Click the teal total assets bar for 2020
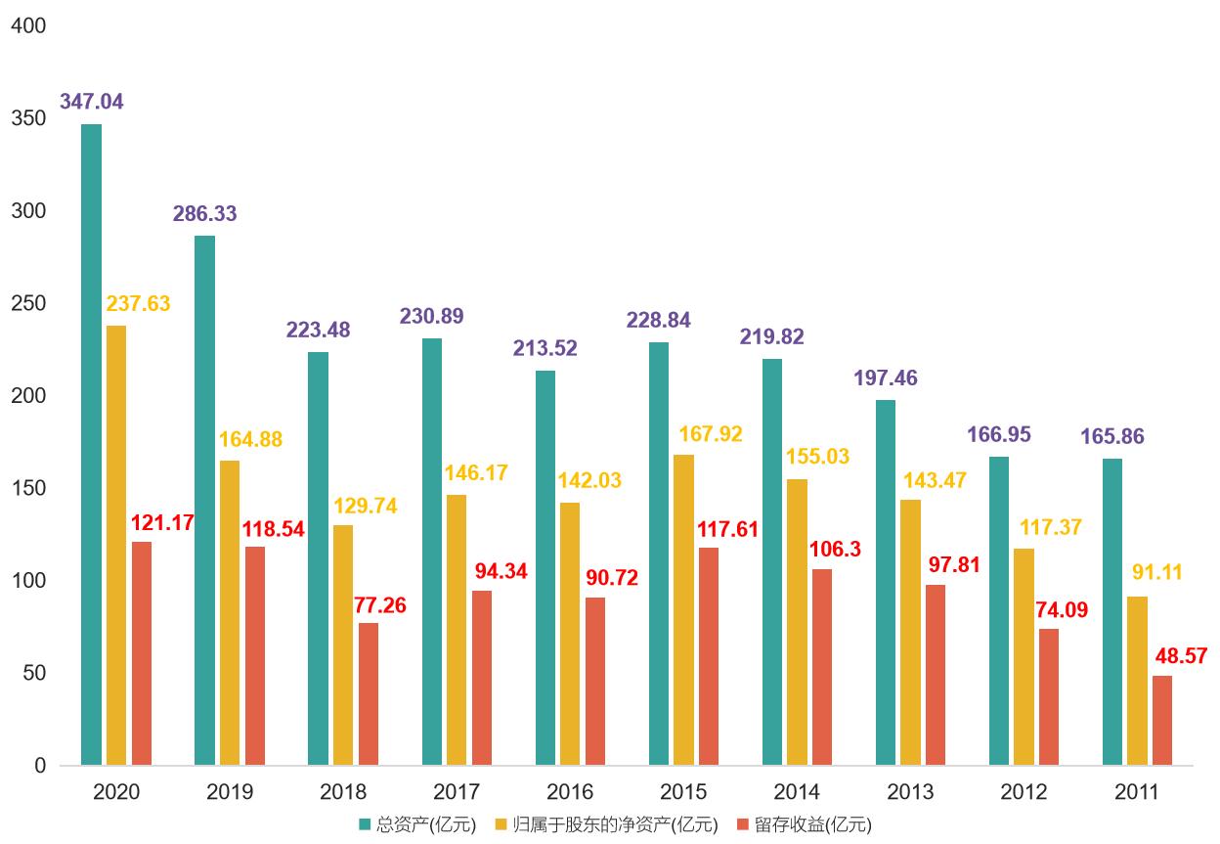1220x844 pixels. point(92,445)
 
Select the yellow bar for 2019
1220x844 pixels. point(230,613)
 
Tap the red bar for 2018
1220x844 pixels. point(369,694)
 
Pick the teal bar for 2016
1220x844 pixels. point(545,568)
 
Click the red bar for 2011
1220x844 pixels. point(1162,721)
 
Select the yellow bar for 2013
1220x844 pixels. point(911,633)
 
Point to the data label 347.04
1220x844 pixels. point(92,102)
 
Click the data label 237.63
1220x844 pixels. point(138,304)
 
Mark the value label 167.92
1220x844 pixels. point(711,434)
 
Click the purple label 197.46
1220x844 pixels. point(886,378)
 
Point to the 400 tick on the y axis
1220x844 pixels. point(27,26)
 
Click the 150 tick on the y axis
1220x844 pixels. point(27,488)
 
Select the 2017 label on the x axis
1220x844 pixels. point(457,792)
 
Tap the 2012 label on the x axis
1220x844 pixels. point(1024,792)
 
